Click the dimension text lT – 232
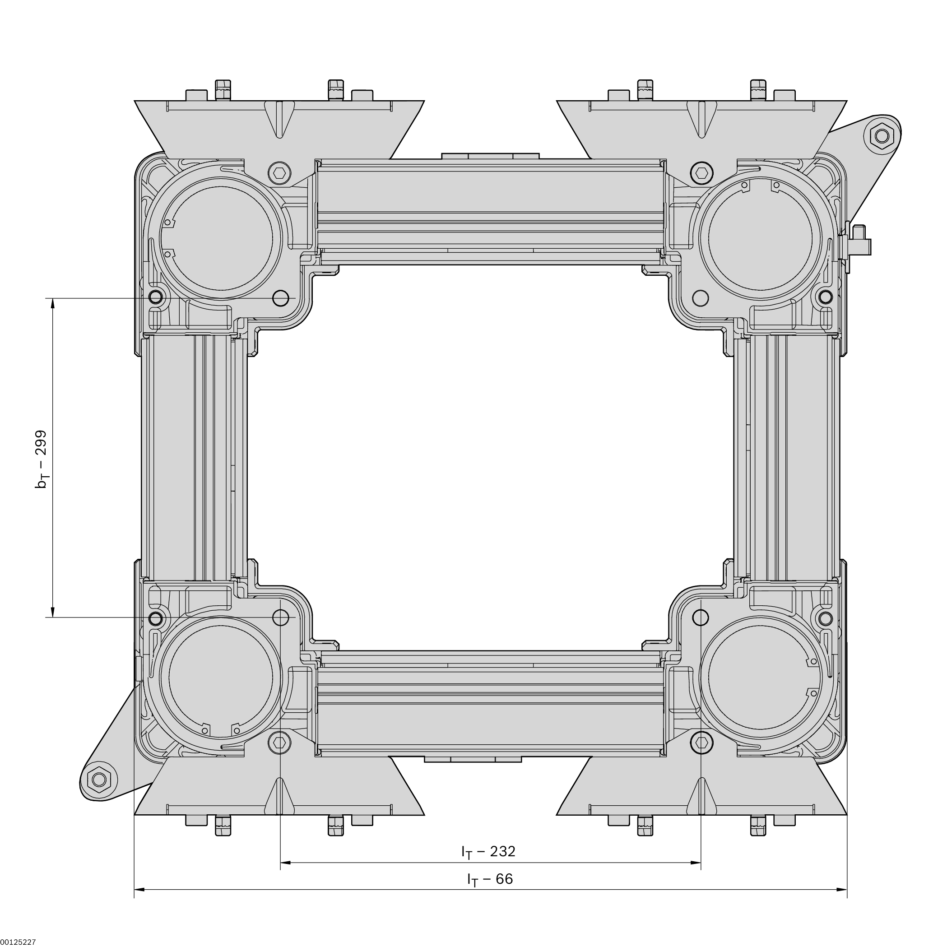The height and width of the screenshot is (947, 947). [x=488, y=852]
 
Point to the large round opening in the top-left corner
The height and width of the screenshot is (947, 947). [x=221, y=238]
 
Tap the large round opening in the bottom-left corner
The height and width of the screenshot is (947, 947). [x=221, y=677]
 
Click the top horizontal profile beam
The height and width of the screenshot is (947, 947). [x=490, y=211]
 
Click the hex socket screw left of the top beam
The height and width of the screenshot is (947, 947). [x=279, y=172]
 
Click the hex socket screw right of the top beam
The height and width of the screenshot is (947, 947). [x=701, y=172]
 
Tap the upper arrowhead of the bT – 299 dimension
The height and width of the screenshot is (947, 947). [x=52, y=304]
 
